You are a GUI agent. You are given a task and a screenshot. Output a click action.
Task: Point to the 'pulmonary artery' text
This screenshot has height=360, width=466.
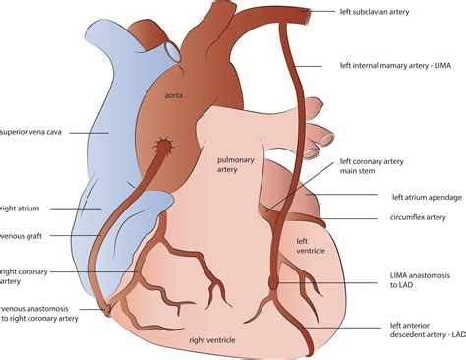[234, 162]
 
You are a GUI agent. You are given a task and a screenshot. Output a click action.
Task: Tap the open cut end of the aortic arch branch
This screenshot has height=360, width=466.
[173, 45]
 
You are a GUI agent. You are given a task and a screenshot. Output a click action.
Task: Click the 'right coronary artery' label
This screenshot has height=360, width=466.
[25, 276]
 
